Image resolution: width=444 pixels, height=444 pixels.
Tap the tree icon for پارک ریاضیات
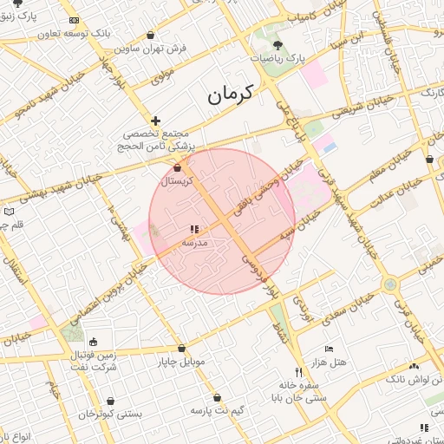[277, 44]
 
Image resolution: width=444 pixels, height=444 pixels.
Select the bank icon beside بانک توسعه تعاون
[74, 20]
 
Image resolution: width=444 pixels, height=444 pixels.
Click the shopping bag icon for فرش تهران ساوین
[152, 36]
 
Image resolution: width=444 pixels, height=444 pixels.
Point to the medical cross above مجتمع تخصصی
[155, 121]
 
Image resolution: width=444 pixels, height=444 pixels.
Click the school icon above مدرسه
[193, 230]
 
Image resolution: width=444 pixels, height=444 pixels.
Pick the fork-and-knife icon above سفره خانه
[299, 372]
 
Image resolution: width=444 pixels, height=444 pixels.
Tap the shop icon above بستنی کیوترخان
[110, 401]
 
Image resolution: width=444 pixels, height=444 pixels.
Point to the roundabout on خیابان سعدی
[391, 284]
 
